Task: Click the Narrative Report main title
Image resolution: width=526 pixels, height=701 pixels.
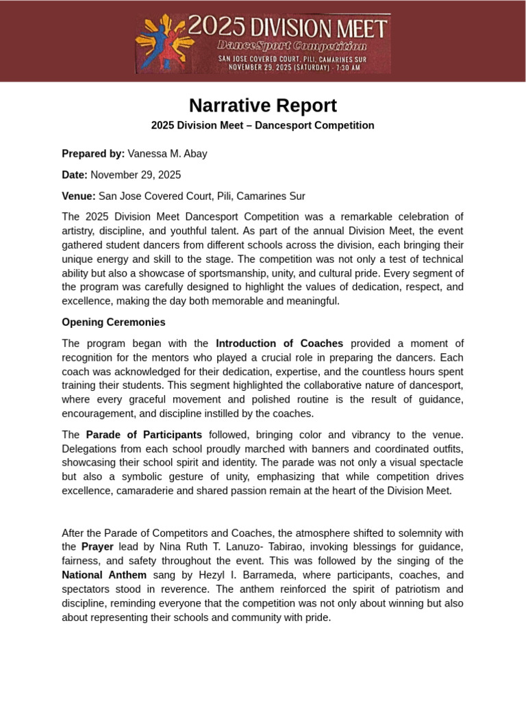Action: click(x=263, y=106)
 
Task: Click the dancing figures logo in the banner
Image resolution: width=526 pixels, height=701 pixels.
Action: click(x=161, y=43)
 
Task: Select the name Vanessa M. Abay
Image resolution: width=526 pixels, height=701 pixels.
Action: click(x=167, y=153)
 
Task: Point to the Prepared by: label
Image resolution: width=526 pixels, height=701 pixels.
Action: click(x=93, y=153)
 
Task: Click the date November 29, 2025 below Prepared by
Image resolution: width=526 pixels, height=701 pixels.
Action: click(x=136, y=175)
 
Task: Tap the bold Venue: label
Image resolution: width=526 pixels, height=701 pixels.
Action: click(x=79, y=196)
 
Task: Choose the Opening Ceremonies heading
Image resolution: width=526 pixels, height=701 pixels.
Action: click(x=114, y=322)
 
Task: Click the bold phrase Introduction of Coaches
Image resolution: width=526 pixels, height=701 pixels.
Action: click(x=279, y=343)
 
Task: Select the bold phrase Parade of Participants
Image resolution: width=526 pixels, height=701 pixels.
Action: click(x=144, y=434)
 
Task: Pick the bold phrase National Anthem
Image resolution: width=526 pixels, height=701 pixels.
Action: click(x=104, y=575)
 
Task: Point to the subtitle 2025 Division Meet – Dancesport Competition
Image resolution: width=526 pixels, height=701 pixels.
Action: click(x=263, y=125)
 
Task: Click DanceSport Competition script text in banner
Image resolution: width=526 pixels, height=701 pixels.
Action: click(x=292, y=46)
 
